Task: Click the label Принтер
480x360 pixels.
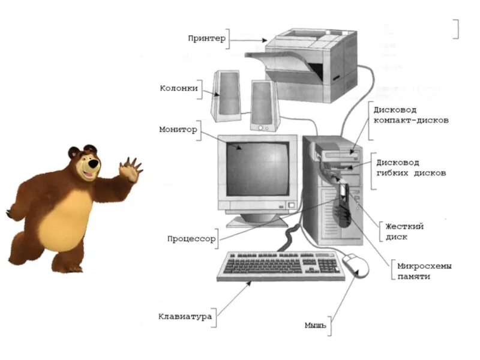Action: click(206, 38)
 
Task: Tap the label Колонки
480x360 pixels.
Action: click(178, 88)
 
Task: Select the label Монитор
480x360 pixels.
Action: click(178, 129)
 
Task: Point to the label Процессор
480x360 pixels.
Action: click(191, 238)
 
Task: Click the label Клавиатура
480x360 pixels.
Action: click(185, 316)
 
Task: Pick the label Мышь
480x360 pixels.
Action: click(315, 325)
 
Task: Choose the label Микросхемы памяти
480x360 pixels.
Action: click(424, 271)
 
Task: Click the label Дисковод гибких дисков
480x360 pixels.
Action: click(411, 168)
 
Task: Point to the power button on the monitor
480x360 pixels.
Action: click(291, 205)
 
